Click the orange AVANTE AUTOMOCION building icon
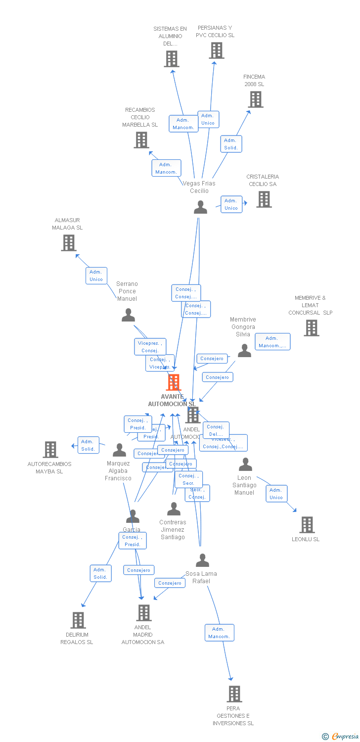[x=174, y=382]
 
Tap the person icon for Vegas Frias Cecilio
[x=200, y=207]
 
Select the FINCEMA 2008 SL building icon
[x=255, y=99]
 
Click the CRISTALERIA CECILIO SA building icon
[x=264, y=199]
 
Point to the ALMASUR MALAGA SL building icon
[x=69, y=243]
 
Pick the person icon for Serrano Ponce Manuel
[x=128, y=315]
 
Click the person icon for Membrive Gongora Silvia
[x=244, y=351]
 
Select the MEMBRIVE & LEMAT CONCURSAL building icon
[x=311, y=328]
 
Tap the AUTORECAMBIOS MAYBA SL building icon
[x=50, y=450]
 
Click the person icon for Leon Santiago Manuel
[x=245, y=464]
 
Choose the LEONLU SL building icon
[x=307, y=525]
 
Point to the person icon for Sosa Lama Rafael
[x=202, y=560]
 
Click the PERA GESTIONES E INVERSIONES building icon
[x=234, y=694]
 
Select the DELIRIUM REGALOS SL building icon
[x=78, y=620]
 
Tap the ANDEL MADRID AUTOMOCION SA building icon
[x=144, y=613]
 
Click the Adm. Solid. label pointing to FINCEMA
[x=231, y=144]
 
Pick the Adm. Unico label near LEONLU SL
[x=276, y=494]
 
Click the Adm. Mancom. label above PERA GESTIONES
[x=219, y=633]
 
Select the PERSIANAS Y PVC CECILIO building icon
[x=216, y=50]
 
